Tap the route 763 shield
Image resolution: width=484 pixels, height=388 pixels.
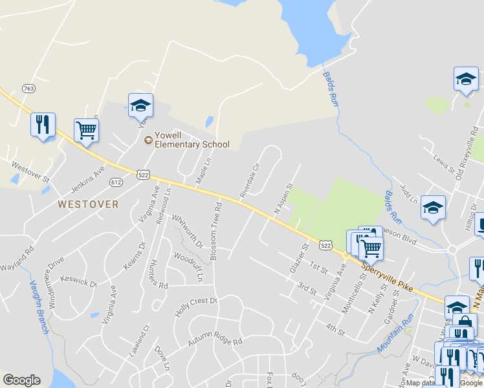point(28,88)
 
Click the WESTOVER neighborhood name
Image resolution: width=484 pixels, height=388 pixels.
point(88,204)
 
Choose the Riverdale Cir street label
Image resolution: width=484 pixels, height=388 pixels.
point(249,180)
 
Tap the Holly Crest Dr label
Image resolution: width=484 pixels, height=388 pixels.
point(195,307)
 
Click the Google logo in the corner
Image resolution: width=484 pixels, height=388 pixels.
point(21,380)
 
